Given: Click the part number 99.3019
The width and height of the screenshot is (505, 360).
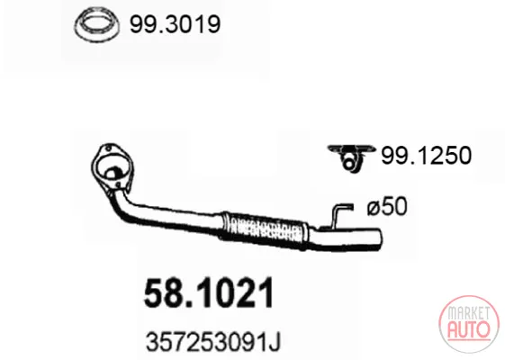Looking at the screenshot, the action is click(175, 24).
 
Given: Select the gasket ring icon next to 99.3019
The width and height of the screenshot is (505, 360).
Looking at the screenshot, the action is click(96, 25).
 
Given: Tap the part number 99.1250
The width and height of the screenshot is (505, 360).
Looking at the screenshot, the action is click(426, 156).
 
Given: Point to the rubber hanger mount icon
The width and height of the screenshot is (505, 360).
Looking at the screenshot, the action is click(351, 157).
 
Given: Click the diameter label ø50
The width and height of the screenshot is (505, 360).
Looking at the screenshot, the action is click(387, 206).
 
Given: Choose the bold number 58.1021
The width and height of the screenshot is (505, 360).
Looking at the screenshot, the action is click(209, 293).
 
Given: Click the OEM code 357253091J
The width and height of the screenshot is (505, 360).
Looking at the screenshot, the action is click(213, 342).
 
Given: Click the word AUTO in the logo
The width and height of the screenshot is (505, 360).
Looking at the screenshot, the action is click(469, 329).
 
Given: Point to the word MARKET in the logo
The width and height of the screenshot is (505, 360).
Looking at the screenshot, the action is click(469, 313).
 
